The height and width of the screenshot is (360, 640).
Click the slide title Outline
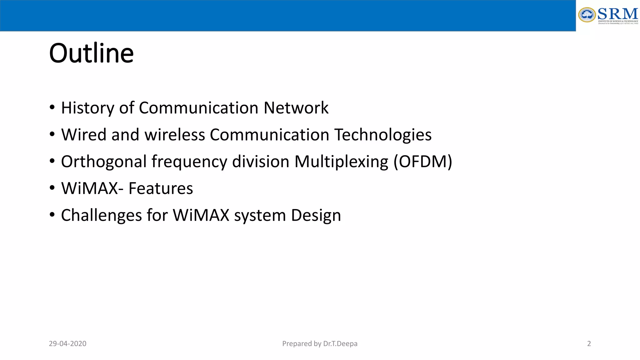click(91, 53)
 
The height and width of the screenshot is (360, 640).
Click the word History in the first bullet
click(87, 108)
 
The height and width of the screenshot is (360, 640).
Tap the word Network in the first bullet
click(296, 108)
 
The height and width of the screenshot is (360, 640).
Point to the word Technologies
click(383, 135)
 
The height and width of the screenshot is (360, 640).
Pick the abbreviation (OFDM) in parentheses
click(422, 162)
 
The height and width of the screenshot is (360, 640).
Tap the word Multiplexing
click(341, 162)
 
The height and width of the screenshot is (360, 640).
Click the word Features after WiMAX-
click(161, 189)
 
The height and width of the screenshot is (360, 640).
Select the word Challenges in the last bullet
click(101, 216)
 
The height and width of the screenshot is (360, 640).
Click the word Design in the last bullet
click(316, 216)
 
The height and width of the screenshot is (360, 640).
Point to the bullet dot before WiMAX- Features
click(52, 188)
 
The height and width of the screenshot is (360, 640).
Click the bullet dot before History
click(52, 107)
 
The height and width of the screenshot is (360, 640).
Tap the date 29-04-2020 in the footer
click(67, 344)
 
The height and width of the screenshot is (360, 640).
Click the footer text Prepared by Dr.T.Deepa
click(320, 344)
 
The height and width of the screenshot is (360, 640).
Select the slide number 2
click(589, 344)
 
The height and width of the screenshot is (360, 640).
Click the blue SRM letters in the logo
click(617, 14)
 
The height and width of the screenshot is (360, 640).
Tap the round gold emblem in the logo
click(587, 15)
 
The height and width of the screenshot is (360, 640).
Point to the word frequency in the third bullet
click(189, 162)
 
